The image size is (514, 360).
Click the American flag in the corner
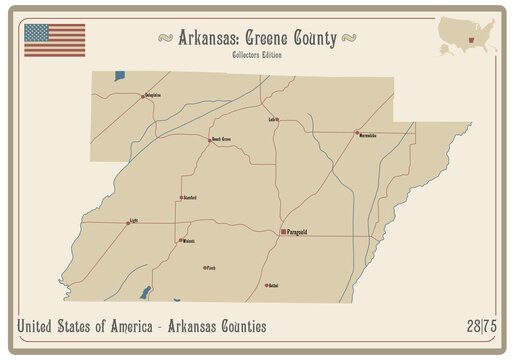[55, 39]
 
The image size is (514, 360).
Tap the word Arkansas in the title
[210, 38]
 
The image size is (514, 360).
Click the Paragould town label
[297, 232]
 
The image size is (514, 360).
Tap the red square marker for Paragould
[280, 232]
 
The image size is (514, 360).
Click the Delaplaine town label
[153, 95]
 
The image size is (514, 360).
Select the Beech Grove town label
[221, 139]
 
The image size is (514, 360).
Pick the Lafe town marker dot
[278, 120]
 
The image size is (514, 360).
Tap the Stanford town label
[190, 198]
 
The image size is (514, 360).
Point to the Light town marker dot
[128, 222]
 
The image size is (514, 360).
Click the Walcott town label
[189, 241]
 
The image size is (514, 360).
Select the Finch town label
[211, 268]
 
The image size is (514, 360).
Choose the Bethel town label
[273, 286]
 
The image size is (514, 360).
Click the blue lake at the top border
[120, 76]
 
